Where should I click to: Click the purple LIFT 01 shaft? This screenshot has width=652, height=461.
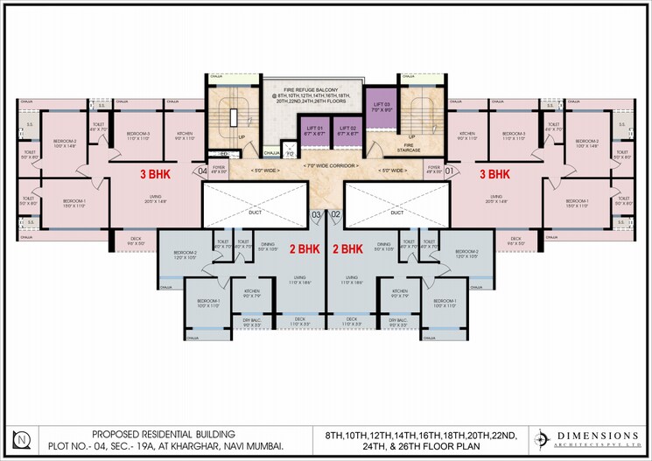(317, 132)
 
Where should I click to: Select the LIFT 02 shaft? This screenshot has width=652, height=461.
(347, 132)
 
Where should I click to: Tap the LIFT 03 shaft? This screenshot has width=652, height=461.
(381, 104)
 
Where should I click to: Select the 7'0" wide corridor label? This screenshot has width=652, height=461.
(326, 165)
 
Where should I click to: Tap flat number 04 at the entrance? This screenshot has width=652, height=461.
(203, 171)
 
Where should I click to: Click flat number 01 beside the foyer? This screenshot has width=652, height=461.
(448, 171)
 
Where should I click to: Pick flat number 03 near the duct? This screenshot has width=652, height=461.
(316, 213)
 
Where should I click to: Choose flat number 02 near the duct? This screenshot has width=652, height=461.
(335, 213)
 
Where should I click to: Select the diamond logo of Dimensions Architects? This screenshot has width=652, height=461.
(543, 438)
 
